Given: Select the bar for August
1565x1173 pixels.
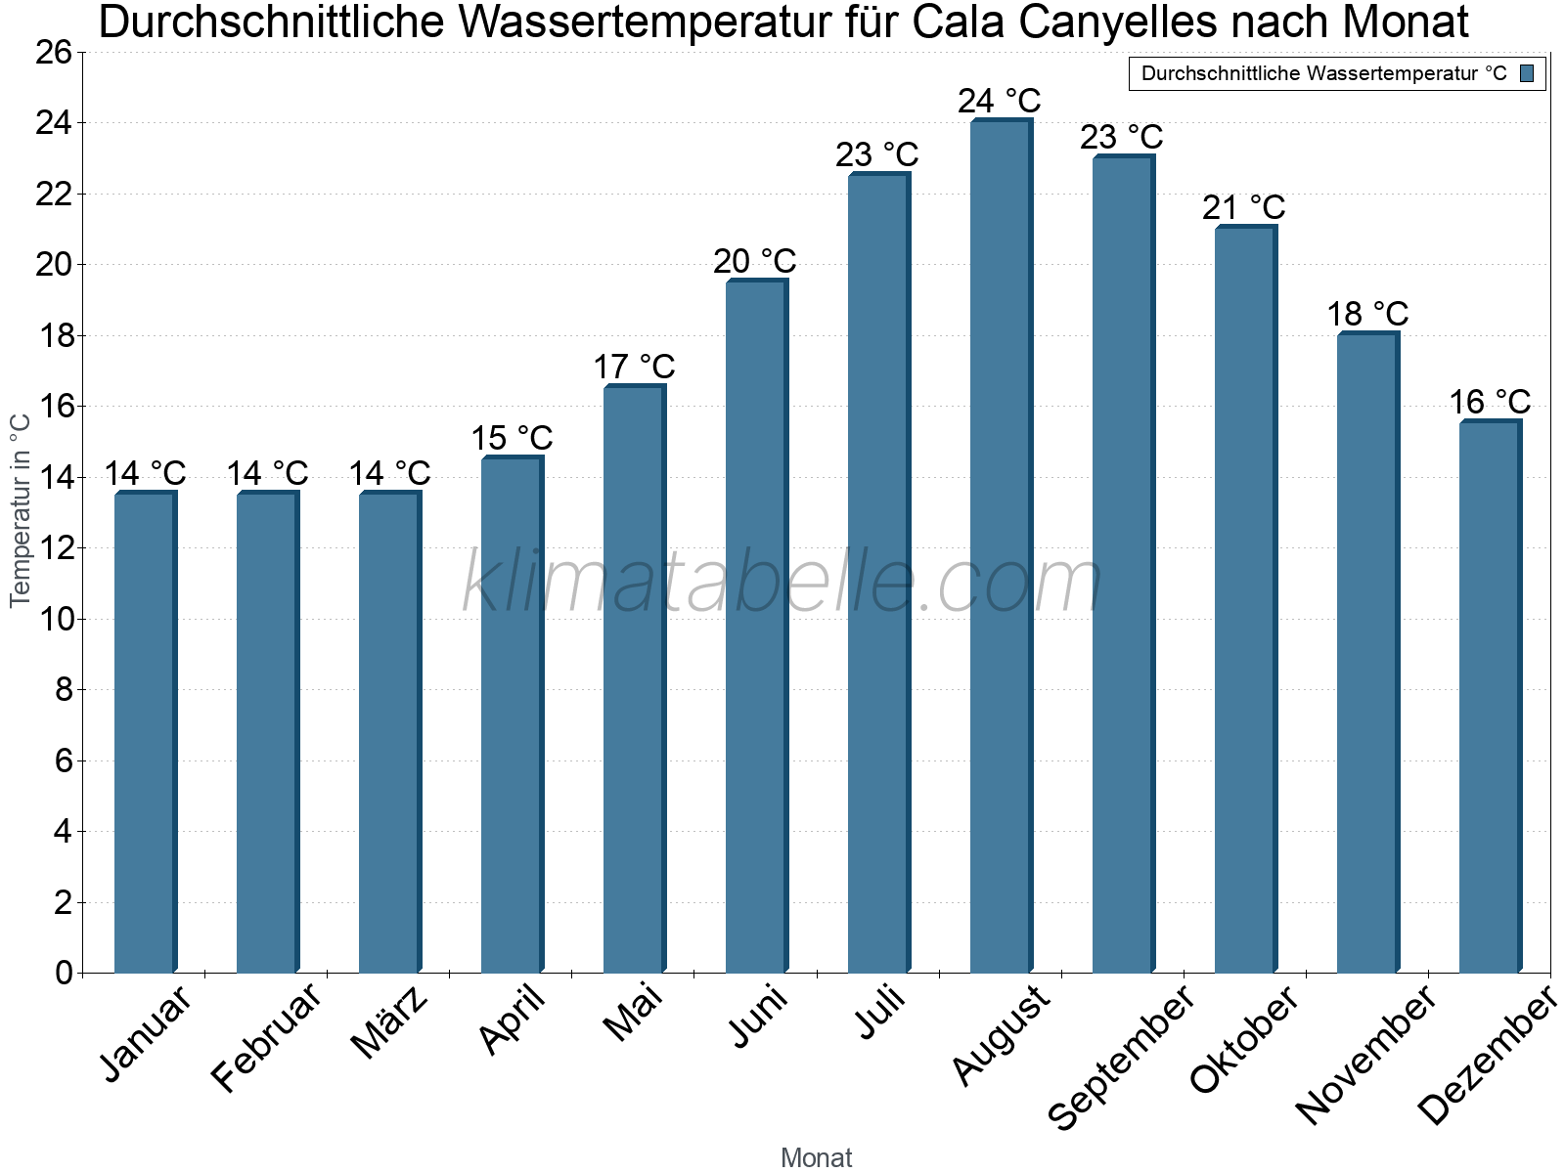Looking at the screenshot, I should (1001, 547).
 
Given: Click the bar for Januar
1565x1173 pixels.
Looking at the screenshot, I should (145, 733).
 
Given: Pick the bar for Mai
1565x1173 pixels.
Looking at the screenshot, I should (634, 679).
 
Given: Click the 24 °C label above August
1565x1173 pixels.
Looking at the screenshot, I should (1000, 101).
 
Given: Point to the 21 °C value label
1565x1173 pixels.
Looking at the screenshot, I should (1244, 207).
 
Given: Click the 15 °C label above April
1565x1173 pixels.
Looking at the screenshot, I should (512, 438).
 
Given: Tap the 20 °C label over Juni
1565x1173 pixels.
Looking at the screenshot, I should (755, 261).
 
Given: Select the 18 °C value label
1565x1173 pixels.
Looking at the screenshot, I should (1367, 314).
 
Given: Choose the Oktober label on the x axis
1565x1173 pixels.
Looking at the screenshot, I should (1244, 1041).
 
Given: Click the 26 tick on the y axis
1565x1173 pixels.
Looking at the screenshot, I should (54, 53).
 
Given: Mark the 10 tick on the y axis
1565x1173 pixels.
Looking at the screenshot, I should (54, 620).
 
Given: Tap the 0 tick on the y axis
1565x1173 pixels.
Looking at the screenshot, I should (64, 974).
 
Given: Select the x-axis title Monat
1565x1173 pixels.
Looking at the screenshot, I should (817, 1157).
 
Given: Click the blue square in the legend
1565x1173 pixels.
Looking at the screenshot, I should (1528, 73).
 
